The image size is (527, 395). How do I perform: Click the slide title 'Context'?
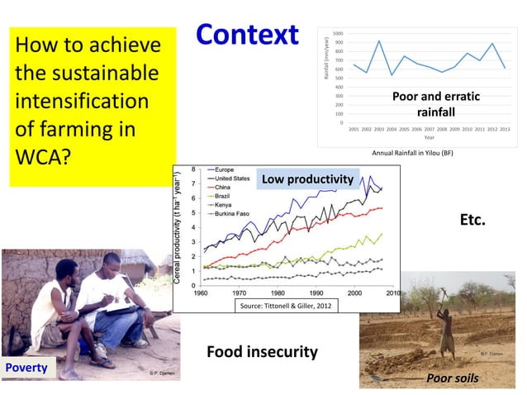pos(247,35)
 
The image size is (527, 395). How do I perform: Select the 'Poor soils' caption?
pos(452,378)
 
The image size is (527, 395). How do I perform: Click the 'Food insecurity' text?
pos(261,352)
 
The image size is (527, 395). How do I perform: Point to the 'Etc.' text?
pos(472,221)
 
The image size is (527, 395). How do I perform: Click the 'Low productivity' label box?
pos(307,179)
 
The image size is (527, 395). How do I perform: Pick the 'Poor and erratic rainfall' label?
pos(435,104)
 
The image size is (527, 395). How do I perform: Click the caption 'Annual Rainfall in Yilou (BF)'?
pos(412,153)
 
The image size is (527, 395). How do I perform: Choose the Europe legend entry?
pos(224,169)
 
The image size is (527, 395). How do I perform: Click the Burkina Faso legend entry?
pos(234,213)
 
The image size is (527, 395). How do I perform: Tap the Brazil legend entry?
pos(224,195)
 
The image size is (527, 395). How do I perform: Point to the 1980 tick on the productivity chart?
pos(278,293)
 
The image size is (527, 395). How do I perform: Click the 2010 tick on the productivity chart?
pos(392,293)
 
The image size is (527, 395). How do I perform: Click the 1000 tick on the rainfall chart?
pos(339,33)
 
